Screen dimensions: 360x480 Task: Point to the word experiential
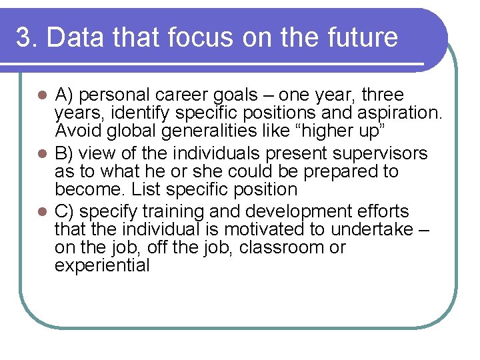tap(103, 265)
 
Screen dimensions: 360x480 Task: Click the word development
tap(303, 212)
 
